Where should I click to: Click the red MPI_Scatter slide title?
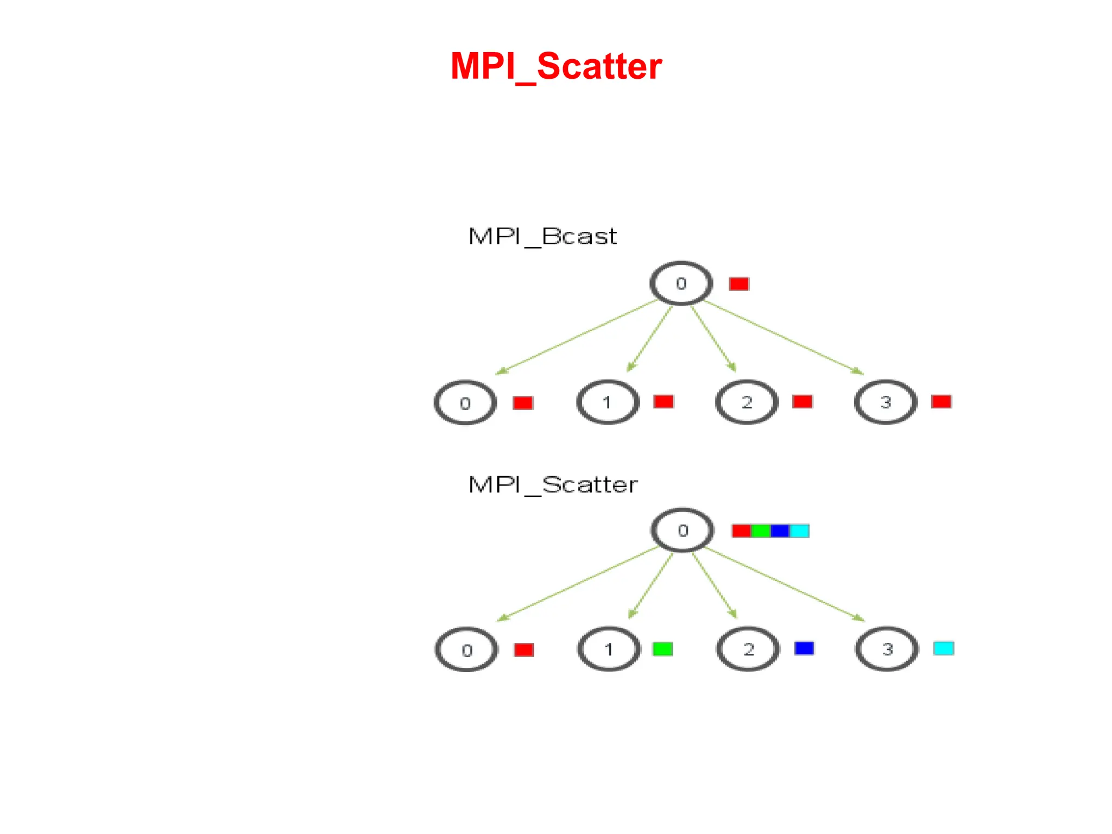556,66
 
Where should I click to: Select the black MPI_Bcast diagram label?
542,237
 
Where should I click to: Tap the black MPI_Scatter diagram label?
553,485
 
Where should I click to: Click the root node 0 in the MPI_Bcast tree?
681,283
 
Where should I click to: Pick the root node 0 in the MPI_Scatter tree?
683,530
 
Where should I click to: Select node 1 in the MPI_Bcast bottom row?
608,402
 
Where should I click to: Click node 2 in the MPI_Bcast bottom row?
747,402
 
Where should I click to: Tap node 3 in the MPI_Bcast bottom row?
886,402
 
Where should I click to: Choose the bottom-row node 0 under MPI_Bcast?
465,403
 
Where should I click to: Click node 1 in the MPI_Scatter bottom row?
609,649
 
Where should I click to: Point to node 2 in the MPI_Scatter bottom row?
748,649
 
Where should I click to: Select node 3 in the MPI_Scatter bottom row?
887,649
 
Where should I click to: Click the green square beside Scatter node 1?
662,649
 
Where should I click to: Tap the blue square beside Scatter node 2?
804,648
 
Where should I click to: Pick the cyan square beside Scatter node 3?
944,648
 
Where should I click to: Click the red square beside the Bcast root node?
739,284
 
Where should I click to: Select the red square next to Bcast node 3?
942,402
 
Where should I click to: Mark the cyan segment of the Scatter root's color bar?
799,530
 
